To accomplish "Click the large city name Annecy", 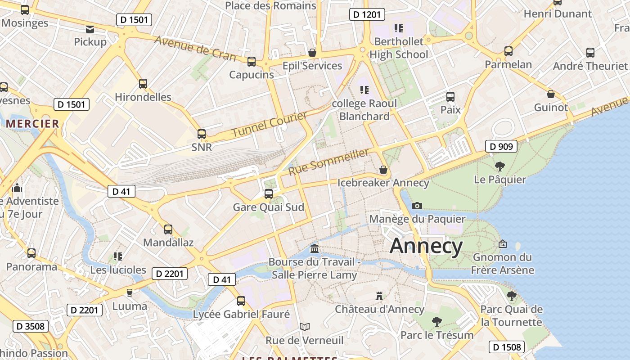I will pyautogui.click(x=426, y=246).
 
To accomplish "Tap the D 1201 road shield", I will pyautogui.click(x=367, y=14).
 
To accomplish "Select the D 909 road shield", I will pyautogui.click(x=501, y=146).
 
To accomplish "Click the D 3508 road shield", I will pyautogui.click(x=31, y=326).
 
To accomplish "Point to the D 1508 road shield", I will pyautogui.click(x=507, y=347).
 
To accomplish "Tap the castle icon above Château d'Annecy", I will pyautogui.click(x=379, y=296).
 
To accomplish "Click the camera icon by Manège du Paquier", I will pyautogui.click(x=417, y=206).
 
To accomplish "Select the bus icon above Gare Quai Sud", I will pyautogui.click(x=269, y=194).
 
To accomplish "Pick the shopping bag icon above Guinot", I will pyautogui.click(x=550, y=94).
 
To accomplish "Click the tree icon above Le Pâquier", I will pyautogui.click(x=499, y=166).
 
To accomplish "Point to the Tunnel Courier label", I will pyautogui.click(x=270, y=125).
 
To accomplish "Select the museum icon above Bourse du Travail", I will pyautogui.click(x=315, y=248).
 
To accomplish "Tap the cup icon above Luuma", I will pyautogui.click(x=130, y=292).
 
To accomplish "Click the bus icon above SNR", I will pyautogui.click(x=202, y=134).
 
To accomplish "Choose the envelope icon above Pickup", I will pyautogui.click(x=90, y=29).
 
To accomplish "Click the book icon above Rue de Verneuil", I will pyautogui.click(x=305, y=327).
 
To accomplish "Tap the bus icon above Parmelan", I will pyautogui.click(x=508, y=51).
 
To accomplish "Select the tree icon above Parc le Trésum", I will pyautogui.click(x=436, y=321).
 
